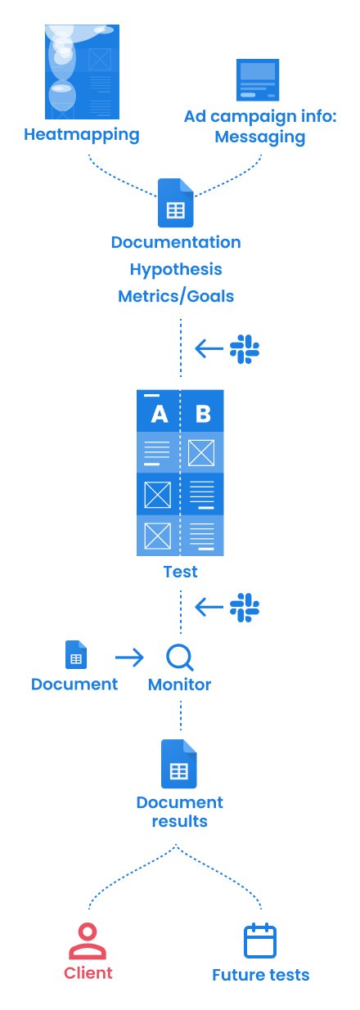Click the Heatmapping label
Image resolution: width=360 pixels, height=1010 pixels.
(82, 135)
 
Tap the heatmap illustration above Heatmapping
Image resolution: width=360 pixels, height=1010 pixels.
(82, 72)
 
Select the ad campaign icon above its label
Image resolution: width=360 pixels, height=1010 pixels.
(258, 80)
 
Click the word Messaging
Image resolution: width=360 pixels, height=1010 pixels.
(260, 137)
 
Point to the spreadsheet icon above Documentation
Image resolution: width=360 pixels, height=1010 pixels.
(175, 203)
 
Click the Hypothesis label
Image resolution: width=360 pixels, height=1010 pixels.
(176, 270)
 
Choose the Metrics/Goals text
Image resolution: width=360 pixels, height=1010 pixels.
(176, 296)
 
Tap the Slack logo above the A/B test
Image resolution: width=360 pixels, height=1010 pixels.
(245, 348)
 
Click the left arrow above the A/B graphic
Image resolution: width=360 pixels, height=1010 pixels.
(209, 348)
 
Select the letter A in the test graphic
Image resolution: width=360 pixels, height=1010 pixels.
(160, 414)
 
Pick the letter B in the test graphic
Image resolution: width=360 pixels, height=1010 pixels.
(203, 414)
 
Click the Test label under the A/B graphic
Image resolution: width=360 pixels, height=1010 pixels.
(181, 572)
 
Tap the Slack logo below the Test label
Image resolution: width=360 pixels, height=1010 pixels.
(245, 608)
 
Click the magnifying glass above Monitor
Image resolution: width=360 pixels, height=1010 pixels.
(179, 658)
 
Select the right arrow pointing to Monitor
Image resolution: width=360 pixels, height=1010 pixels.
(129, 658)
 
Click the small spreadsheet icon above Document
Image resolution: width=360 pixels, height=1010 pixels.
(76, 654)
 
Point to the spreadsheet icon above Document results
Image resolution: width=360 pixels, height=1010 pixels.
(179, 764)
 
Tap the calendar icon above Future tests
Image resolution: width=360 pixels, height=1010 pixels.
(260, 940)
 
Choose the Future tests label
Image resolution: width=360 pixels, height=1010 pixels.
(261, 975)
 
